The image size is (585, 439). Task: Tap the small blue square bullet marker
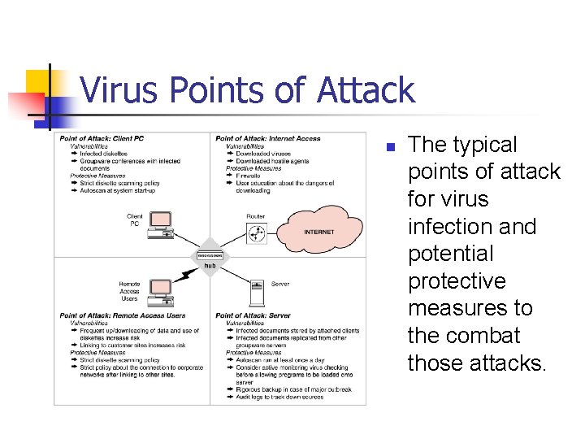coord(389,148)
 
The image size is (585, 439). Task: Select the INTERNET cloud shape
coord(318,230)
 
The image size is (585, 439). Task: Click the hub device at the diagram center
coord(210,255)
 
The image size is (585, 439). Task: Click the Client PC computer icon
coord(161,225)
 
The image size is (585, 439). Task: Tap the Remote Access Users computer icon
coord(159,290)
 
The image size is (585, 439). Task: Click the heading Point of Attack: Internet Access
coord(268,139)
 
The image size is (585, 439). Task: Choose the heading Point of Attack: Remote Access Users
coord(122,315)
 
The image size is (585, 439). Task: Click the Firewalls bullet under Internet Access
coord(248,176)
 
